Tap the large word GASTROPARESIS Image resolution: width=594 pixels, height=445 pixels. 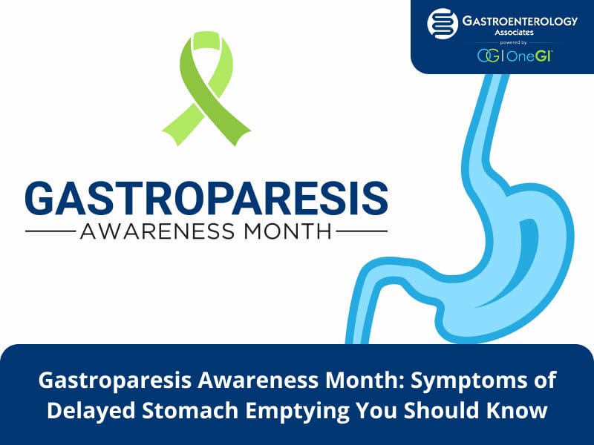(206, 198)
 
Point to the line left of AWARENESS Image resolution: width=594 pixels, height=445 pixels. (50, 231)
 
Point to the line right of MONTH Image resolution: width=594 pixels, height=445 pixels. (362, 231)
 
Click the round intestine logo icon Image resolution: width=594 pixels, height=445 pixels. (443, 24)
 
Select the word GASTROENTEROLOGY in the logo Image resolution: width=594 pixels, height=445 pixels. (520, 21)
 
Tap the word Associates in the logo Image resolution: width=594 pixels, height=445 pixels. (514, 33)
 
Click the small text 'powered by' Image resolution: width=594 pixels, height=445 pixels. (513, 43)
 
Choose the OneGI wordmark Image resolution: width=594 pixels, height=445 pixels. (529, 56)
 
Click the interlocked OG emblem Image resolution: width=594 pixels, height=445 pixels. (489, 56)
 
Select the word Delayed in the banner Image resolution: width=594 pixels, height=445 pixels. (91, 410)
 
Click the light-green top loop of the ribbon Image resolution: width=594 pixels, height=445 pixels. (207, 41)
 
